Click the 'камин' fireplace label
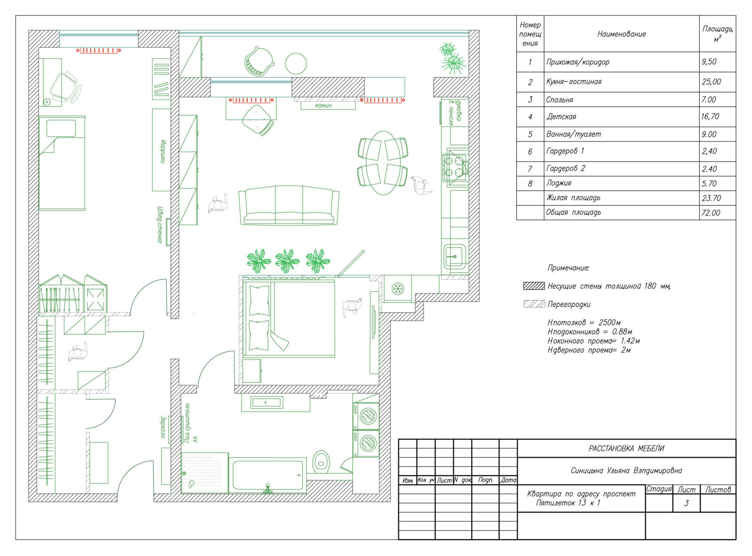(x=323, y=105)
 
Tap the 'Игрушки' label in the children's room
(x=164, y=152)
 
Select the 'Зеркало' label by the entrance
(x=163, y=427)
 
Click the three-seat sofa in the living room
(x=289, y=205)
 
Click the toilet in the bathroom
(x=321, y=462)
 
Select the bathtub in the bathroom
(x=268, y=475)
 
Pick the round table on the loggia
(x=296, y=64)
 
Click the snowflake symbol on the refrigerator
(x=397, y=289)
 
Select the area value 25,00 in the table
(x=711, y=82)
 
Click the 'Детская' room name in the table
(x=561, y=117)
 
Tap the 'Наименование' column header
(x=621, y=34)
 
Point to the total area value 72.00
(x=711, y=213)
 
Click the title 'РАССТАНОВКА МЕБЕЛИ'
(x=626, y=448)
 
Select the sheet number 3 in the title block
(x=686, y=503)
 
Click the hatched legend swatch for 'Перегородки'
(x=534, y=304)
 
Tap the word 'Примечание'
(x=568, y=268)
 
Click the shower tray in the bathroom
(x=204, y=473)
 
